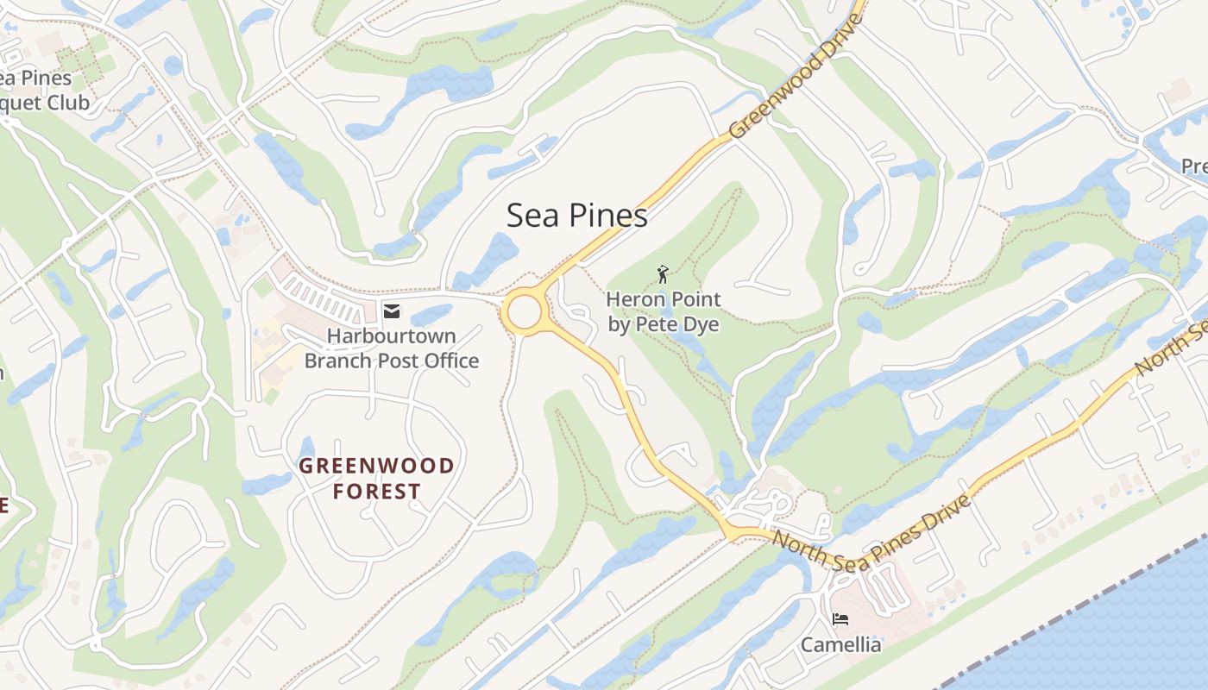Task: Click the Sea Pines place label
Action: coord(576,216)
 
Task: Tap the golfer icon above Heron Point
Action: coord(663,274)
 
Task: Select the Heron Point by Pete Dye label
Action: coord(663,312)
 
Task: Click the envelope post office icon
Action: coord(392,311)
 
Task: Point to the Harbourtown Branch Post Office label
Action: coord(392,348)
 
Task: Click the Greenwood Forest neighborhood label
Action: coord(377,479)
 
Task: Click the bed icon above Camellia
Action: coord(840,619)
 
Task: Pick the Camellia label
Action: coord(841,645)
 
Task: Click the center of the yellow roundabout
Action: coord(524,311)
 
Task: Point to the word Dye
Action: coord(700,325)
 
